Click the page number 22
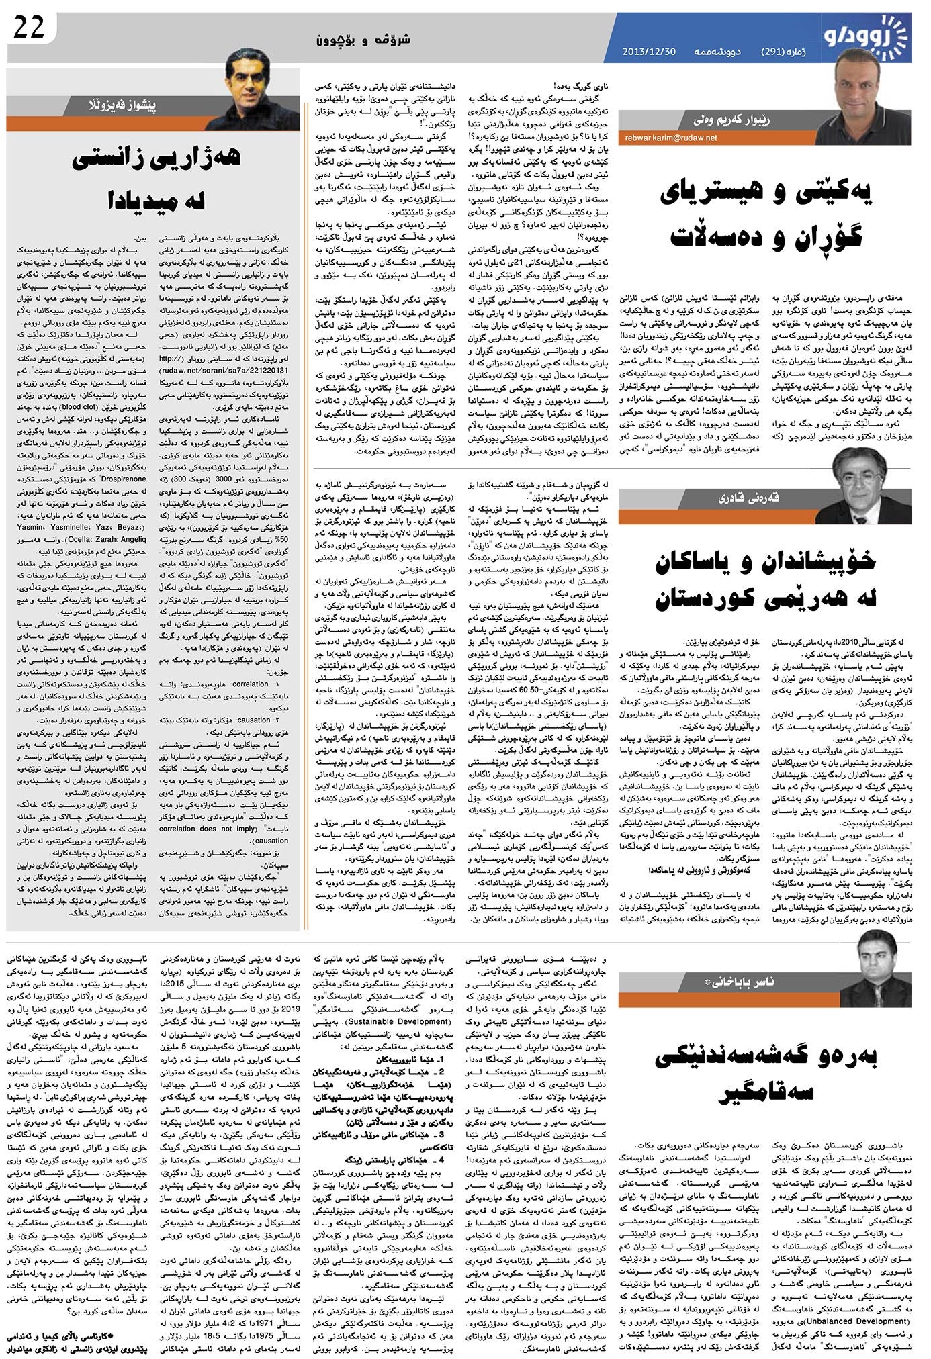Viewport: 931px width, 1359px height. [x=28, y=28]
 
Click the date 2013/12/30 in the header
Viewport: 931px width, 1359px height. [x=648, y=52]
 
